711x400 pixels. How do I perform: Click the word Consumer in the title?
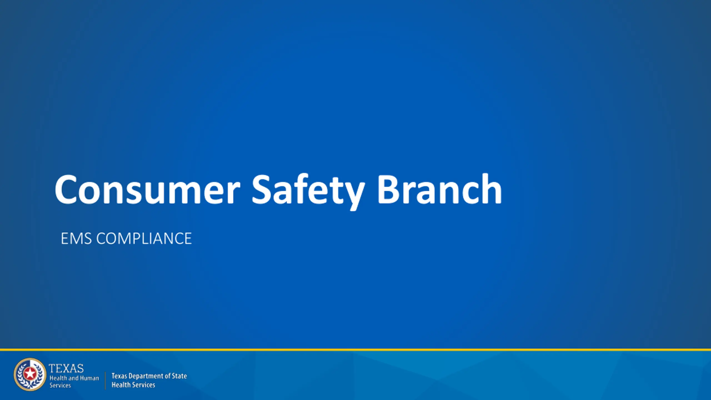point(147,189)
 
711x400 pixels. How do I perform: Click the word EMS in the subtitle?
point(76,239)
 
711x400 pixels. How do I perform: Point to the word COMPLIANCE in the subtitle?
point(144,239)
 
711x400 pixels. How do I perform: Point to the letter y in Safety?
point(353,196)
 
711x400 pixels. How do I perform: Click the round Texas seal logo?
point(30,374)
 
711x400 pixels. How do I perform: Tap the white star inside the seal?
point(29,374)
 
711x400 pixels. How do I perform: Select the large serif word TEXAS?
point(66,369)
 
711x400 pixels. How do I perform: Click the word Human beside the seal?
point(89,378)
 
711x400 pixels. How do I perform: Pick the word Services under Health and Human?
point(60,385)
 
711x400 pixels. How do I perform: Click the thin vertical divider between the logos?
point(105,381)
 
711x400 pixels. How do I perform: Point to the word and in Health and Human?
point(74,378)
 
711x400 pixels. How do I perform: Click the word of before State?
point(168,376)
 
